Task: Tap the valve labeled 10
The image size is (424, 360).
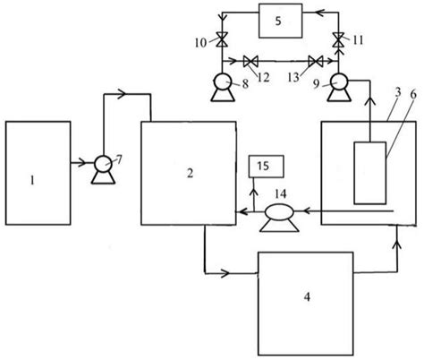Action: point(222,39)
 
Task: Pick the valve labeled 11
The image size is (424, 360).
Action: point(338,39)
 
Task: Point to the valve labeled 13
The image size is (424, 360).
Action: point(316,61)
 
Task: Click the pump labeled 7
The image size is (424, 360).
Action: point(103,173)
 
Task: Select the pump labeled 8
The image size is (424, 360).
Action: point(223,87)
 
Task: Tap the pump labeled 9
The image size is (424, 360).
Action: point(338,87)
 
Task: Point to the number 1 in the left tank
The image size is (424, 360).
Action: point(32,180)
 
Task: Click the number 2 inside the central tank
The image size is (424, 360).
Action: point(190,173)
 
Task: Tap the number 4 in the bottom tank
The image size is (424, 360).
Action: point(307,297)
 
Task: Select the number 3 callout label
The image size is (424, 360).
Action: point(398,93)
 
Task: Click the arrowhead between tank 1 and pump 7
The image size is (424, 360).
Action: point(82,163)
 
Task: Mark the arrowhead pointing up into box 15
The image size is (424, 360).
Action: point(254,191)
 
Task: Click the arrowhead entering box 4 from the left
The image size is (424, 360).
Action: point(225,273)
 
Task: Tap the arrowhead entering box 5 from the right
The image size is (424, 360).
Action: point(319,13)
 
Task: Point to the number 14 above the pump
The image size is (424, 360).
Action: point(281,194)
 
